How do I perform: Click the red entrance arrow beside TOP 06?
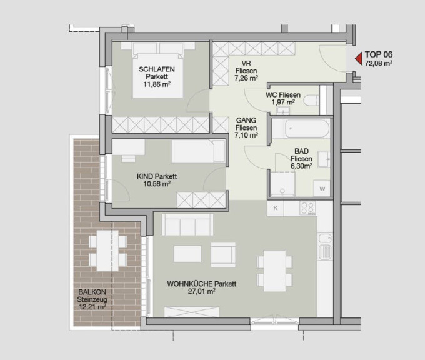click(x=359, y=59)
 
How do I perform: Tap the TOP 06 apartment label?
click(x=378, y=54)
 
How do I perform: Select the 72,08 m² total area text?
click(x=378, y=63)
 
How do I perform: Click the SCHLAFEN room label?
click(x=157, y=69)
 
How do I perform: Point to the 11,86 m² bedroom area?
click(x=157, y=84)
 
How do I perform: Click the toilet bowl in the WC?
click(x=311, y=100)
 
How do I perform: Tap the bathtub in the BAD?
click(x=307, y=129)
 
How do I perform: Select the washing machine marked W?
click(x=322, y=188)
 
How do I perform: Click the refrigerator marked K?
click(x=276, y=208)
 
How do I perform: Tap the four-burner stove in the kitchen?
click(x=308, y=208)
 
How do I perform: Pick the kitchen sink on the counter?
click(x=325, y=246)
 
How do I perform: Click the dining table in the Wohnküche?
click(x=275, y=271)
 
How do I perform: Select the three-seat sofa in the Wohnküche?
click(x=187, y=225)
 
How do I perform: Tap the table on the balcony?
click(x=107, y=251)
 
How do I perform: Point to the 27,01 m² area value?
click(x=202, y=292)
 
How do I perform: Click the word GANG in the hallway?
click(x=246, y=120)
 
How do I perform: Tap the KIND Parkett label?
click(x=157, y=176)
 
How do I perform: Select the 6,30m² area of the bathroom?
click(x=301, y=166)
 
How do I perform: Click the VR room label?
click(x=246, y=63)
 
